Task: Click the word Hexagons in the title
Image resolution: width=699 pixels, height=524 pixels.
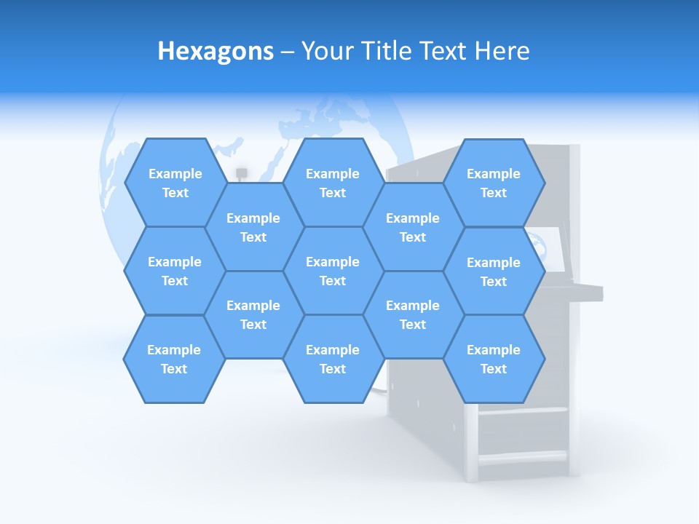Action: coord(216,51)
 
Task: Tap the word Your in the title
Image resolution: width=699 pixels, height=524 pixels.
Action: coord(326,51)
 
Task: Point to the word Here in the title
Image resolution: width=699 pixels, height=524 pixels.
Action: coord(502,51)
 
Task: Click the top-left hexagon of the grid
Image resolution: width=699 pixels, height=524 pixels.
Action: coord(175,183)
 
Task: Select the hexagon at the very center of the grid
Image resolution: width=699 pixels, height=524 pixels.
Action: coord(333,271)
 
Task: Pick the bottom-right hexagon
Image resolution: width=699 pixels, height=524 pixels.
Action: coord(494,359)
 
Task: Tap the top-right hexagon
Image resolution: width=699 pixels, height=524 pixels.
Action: coord(494,183)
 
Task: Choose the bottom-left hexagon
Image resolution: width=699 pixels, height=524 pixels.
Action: coord(174,359)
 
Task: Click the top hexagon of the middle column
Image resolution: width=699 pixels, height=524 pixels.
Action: coord(333,183)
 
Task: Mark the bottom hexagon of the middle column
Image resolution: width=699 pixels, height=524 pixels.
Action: coord(333,359)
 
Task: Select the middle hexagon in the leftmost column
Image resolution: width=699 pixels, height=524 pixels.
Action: coord(175,271)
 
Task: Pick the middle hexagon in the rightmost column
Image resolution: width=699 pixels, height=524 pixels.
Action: coord(494,271)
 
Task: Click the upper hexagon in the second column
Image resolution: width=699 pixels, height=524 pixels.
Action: coord(253,227)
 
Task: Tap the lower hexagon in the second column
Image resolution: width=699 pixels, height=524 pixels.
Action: coord(253,314)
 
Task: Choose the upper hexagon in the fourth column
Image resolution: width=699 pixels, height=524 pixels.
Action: coord(413,227)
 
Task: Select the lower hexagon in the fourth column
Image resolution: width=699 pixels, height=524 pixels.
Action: coord(413,314)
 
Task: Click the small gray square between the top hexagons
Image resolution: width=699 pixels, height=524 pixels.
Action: coord(242,172)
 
